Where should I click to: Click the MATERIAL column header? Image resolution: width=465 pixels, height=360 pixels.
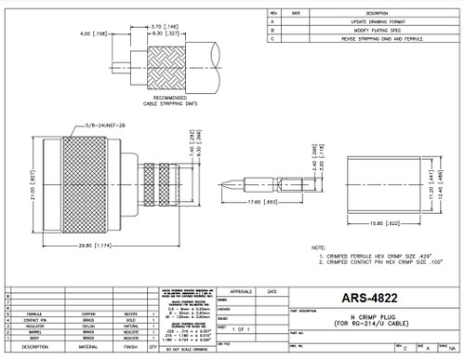click(x=84, y=347)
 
